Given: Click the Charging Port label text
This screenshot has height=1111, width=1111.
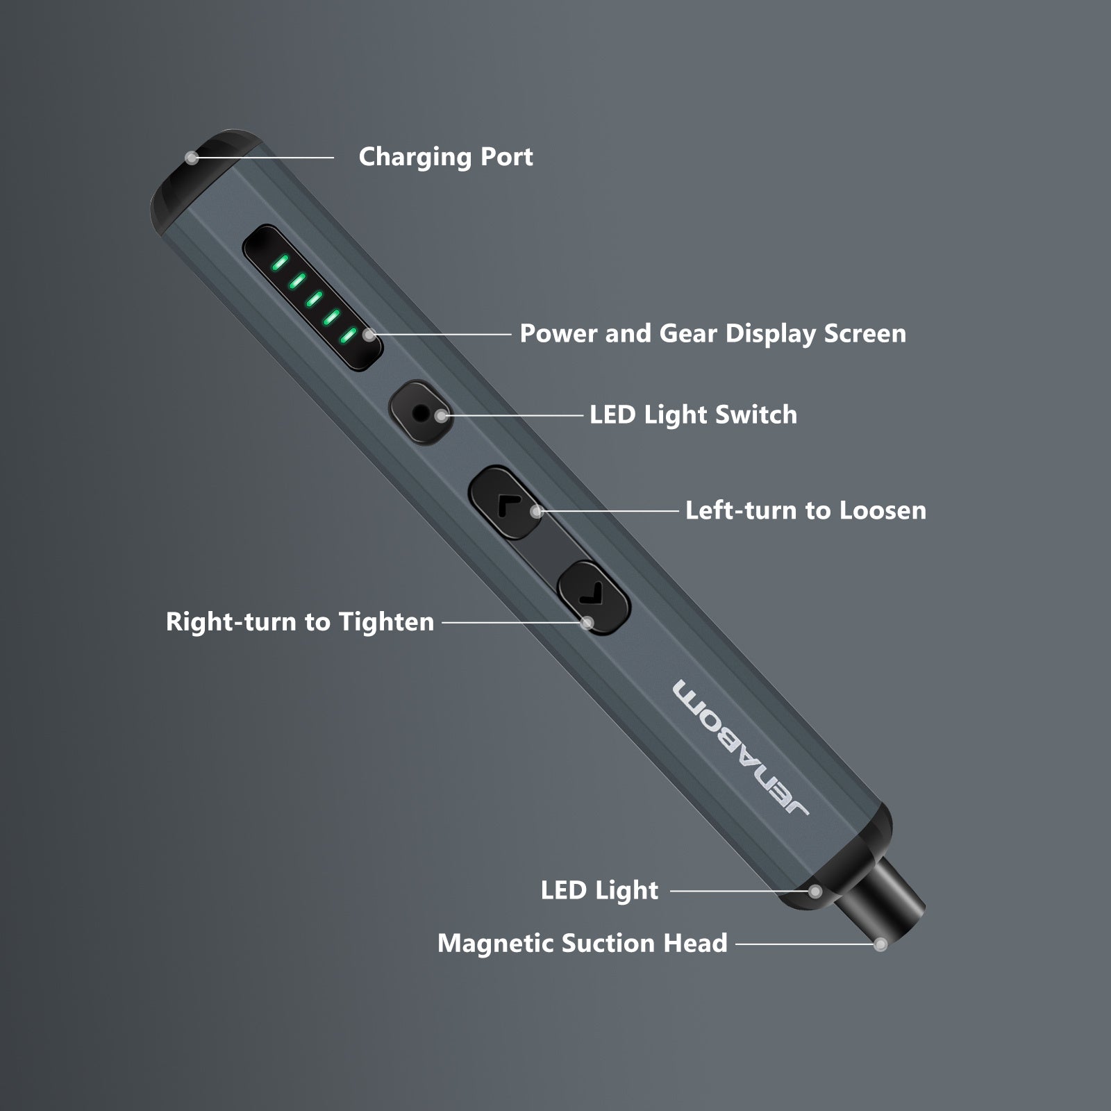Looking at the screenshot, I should [445, 157].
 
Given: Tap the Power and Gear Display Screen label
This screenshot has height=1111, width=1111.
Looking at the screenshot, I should [712, 334].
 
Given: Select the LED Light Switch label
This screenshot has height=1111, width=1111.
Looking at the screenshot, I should [693, 415].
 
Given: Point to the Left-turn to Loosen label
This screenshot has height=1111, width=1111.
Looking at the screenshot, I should [805, 510].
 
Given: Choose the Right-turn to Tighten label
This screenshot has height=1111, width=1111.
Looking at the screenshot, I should [300, 621].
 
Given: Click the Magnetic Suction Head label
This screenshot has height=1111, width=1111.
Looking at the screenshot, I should [582, 943].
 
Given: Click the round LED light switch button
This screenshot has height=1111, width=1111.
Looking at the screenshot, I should [420, 413].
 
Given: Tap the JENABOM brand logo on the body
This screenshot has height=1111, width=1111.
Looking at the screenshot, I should [740, 747].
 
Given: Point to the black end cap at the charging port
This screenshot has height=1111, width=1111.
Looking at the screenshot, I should [201, 177].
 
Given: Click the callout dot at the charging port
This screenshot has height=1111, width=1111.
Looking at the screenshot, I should [192, 158].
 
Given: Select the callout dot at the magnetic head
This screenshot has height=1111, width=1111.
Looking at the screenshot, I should [880, 944].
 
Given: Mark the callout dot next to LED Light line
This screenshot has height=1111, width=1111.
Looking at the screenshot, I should [815, 891].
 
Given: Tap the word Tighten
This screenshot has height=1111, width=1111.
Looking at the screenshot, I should [386, 621].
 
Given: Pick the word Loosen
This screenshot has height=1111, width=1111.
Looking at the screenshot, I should [883, 510].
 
